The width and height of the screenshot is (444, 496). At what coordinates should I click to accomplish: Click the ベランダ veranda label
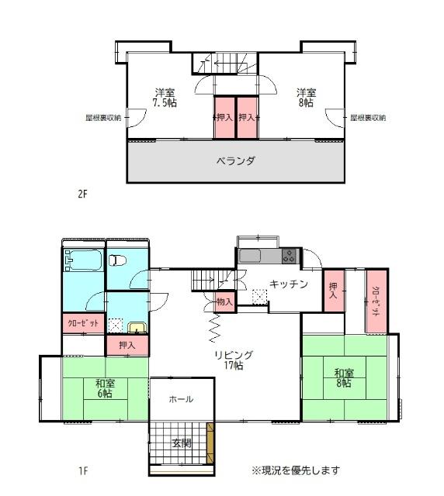pyautogui.click(x=235, y=162)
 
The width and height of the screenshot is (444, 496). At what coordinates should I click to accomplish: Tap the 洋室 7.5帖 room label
pyautogui.click(x=165, y=98)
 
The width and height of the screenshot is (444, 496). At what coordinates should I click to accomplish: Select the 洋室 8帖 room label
pyautogui.click(x=304, y=98)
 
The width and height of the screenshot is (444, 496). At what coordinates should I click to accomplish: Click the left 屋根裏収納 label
pyautogui.click(x=103, y=119)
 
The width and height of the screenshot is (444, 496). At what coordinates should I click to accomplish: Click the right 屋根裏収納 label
pyautogui.click(x=367, y=119)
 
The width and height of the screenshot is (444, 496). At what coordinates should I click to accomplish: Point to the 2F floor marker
pyautogui.click(x=82, y=195)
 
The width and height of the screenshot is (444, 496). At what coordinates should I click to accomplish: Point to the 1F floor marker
pyautogui.click(x=82, y=470)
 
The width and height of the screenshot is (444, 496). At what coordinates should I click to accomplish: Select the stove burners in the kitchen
pyautogui.click(x=289, y=255)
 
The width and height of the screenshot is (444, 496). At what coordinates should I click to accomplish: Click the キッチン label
pyautogui.click(x=289, y=284)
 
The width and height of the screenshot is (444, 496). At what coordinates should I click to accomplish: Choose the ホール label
pyautogui.click(x=181, y=400)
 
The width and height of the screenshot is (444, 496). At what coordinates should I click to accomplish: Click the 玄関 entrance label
pyautogui.click(x=181, y=443)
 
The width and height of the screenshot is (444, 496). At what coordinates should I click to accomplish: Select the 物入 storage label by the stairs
pyautogui.click(x=225, y=301)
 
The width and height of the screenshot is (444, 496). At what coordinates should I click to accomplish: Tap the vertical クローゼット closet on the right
pyautogui.click(x=376, y=301)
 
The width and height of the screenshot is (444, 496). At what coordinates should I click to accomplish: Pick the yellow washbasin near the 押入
pyautogui.click(x=137, y=328)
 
